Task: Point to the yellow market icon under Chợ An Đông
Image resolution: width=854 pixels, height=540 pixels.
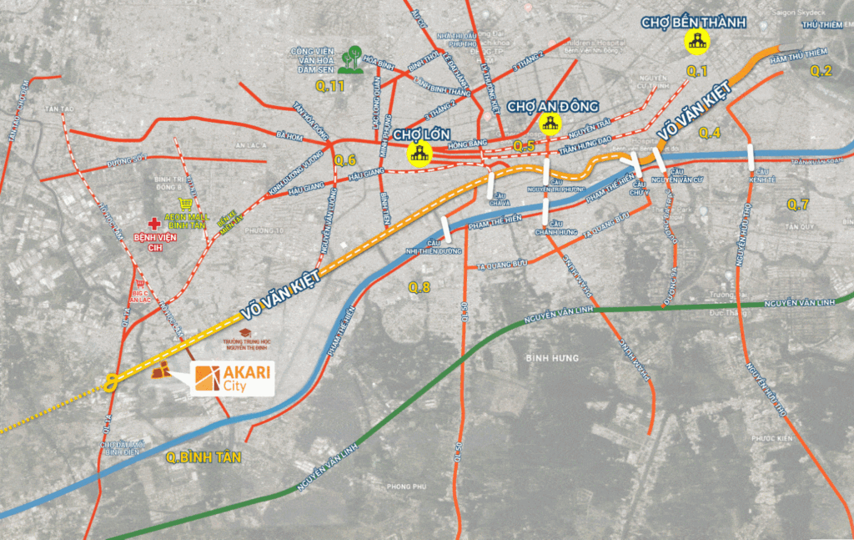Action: point(550,124)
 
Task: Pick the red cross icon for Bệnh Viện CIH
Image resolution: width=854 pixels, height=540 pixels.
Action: point(153,224)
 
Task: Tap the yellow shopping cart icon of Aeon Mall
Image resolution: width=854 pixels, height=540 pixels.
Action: point(185,204)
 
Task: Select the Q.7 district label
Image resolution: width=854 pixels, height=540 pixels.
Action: point(798,204)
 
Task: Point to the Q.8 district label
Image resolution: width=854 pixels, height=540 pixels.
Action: point(419,287)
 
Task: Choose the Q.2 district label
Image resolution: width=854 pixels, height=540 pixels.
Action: point(821,70)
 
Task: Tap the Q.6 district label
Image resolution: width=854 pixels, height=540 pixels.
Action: point(344,160)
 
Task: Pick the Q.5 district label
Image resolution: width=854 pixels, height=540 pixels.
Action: point(524,146)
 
